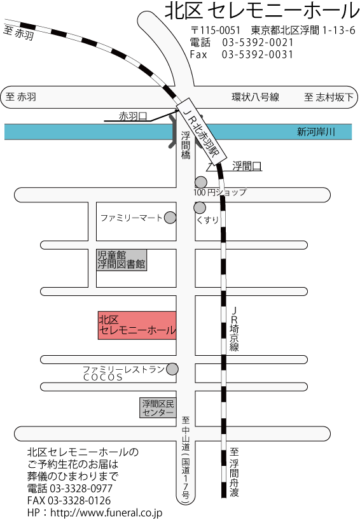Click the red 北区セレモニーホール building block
[137, 325]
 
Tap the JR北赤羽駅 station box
[202, 131]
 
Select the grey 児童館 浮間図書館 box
[121, 260]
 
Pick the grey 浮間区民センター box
[158, 407]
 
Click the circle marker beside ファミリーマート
[170, 218]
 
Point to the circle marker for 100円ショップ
[200, 182]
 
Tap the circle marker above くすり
[200, 207]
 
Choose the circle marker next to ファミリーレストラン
[172, 369]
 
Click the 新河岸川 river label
[316, 132]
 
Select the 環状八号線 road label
[255, 97]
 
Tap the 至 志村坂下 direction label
[329, 97]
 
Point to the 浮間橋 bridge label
[186, 145]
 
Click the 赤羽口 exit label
[133, 116]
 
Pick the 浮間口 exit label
[247, 166]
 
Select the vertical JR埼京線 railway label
[234, 328]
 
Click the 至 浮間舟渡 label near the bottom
[234, 472]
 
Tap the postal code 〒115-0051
[215, 30]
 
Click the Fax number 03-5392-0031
[258, 54]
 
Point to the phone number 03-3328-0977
[81, 488]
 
